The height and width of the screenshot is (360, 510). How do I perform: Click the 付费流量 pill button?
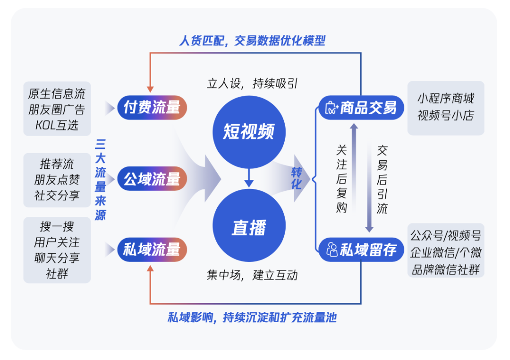152,108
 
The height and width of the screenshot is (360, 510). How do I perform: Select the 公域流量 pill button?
152,179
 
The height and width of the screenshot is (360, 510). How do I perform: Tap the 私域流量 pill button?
152,249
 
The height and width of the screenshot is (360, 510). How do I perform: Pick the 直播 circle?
249,228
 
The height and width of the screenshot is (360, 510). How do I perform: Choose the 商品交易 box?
361,108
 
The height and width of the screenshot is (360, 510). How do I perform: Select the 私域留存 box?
361,249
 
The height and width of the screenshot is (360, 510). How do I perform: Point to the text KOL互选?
57,125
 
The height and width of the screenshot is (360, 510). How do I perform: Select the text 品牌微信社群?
446,269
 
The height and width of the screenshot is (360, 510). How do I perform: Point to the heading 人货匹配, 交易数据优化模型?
252,41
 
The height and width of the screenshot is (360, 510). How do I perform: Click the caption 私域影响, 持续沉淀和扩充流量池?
252,317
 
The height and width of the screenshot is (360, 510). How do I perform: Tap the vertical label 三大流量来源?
100,180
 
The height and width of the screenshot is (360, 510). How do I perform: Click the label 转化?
296,178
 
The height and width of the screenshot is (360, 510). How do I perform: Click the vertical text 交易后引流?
382,179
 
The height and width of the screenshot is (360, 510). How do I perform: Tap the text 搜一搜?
57,226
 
